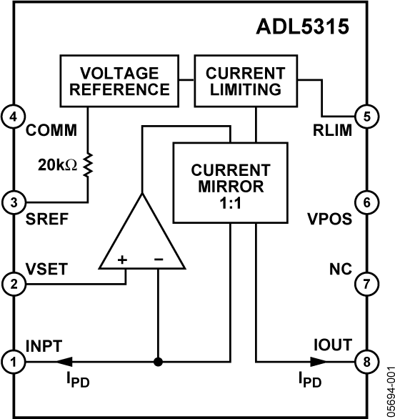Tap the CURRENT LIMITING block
[x=244, y=81]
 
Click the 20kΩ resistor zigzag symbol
[x=89, y=165]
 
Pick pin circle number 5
[x=366, y=115]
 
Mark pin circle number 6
[x=366, y=202]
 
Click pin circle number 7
[x=366, y=284]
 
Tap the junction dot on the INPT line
[x=158, y=362]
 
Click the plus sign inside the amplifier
[x=121, y=259]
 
